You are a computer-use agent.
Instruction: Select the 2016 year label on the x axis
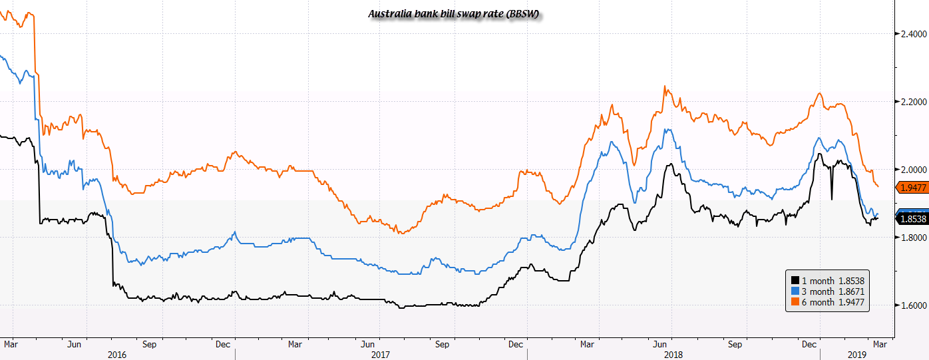[x=117, y=355]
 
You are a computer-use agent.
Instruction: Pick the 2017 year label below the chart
[x=380, y=355]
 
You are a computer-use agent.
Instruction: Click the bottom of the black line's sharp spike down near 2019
[x=832, y=198]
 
